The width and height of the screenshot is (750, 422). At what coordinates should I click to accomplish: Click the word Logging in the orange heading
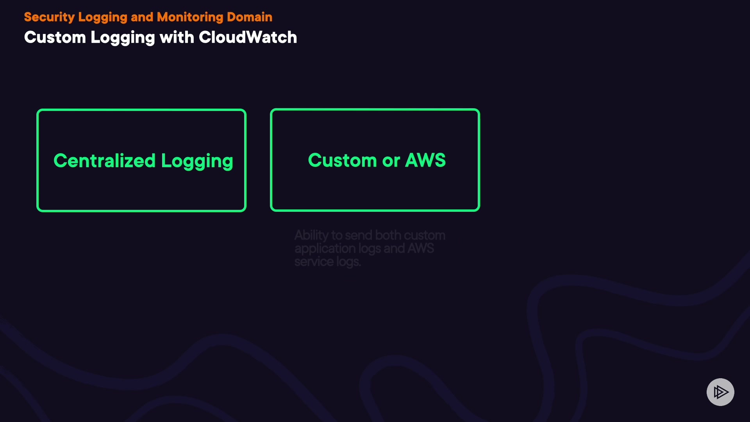click(102, 18)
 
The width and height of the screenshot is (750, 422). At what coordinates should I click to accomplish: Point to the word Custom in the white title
click(55, 38)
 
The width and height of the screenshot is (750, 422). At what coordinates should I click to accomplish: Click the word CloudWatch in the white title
click(248, 38)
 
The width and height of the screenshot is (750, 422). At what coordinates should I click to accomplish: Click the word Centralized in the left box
click(104, 161)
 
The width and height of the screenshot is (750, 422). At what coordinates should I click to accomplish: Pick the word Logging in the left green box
click(197, 161)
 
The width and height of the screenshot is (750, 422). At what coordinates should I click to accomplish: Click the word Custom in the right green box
click(342, 160)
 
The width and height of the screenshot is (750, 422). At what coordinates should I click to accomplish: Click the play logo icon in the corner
click(720, 392)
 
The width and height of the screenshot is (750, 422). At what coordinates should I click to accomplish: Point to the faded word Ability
click(311, 236)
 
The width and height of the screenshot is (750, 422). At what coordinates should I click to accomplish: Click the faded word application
click(325, 249)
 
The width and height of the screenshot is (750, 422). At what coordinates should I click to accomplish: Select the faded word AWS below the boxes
click(421, 249)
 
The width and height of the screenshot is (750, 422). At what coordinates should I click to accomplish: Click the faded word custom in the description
click(424, 236)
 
